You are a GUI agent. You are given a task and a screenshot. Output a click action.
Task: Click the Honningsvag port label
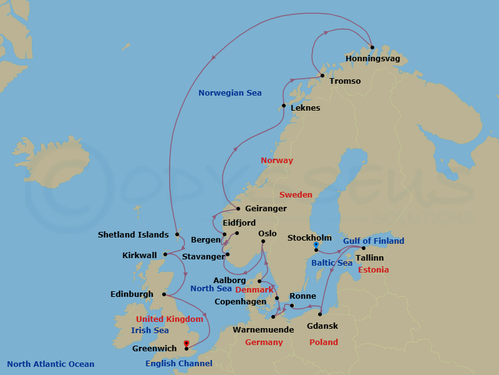(x=372, y=59)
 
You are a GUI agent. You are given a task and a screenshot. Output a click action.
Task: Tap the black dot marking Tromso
(x=322, y=76)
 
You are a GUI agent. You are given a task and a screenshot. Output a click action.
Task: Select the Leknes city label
(x=305, y=108)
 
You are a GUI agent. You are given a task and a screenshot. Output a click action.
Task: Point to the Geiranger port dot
(x=238, y=209)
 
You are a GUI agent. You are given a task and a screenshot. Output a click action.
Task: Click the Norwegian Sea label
(x=230, y=93)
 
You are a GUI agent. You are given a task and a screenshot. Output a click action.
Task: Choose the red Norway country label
(x=276, y=161)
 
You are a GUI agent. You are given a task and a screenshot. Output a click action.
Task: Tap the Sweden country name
(x=296, y=195)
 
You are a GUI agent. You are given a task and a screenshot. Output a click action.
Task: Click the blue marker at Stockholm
(x=316, y=244)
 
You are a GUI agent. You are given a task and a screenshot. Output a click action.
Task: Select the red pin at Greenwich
(x=187, y=343)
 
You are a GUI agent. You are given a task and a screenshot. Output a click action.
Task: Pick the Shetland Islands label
(x=133, y=235)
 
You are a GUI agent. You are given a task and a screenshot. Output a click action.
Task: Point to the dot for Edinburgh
(x=163, y=294)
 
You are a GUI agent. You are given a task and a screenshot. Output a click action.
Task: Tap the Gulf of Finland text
(x=374, y=241)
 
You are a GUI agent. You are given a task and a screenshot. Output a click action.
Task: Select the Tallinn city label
(x=369, y=257)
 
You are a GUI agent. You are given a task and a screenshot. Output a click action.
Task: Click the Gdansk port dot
(x=320, y=314)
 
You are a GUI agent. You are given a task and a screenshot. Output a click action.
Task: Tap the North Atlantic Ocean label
(x=51, y=364)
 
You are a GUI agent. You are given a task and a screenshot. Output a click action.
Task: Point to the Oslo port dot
(x=263, y=241)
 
